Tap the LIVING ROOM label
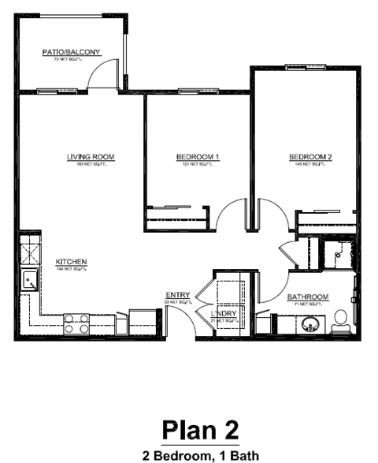point(91,157)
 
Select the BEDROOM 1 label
point(197,157)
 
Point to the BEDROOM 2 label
point(309,157)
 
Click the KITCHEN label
point(71,262)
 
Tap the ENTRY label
point(177,295)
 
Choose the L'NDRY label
point(224,313)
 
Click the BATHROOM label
point(307,297)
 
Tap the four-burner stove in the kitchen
point(76,322)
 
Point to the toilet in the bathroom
point(342,319)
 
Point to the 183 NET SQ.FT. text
point(91,164)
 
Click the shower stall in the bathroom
point(338,254)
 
